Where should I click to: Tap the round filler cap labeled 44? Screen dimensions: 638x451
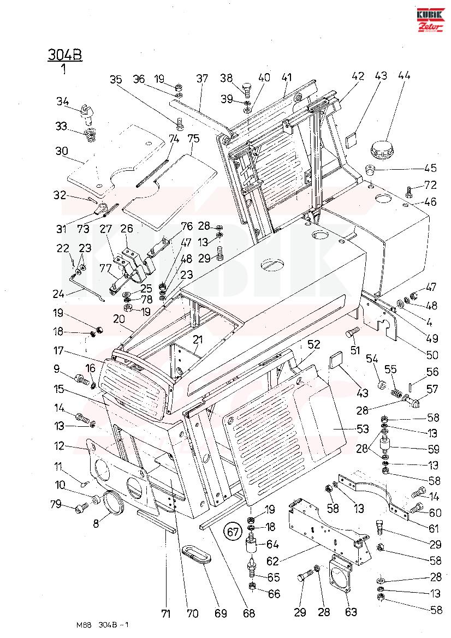coord(385,148)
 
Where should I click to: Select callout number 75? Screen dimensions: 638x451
coord(193,138)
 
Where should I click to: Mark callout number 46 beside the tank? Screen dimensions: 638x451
coord(430,201)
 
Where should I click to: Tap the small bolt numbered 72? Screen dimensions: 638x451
coord(410,190)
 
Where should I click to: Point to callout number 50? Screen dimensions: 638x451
coord(432,355)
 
